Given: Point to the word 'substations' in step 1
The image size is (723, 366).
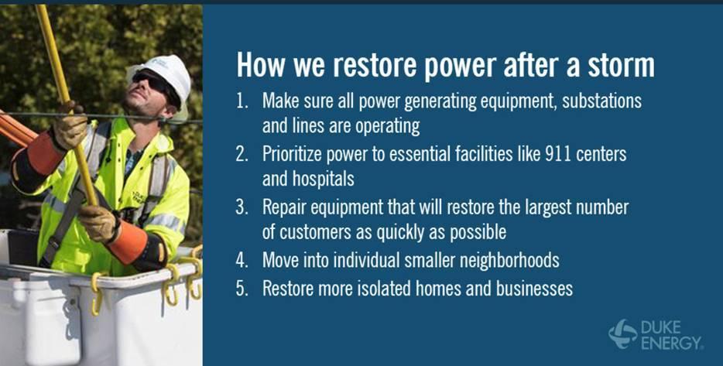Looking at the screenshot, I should (599, 101).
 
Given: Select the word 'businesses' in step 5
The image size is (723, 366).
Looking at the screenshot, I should (534, 289).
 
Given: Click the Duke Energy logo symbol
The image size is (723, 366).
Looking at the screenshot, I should (622, 334).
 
